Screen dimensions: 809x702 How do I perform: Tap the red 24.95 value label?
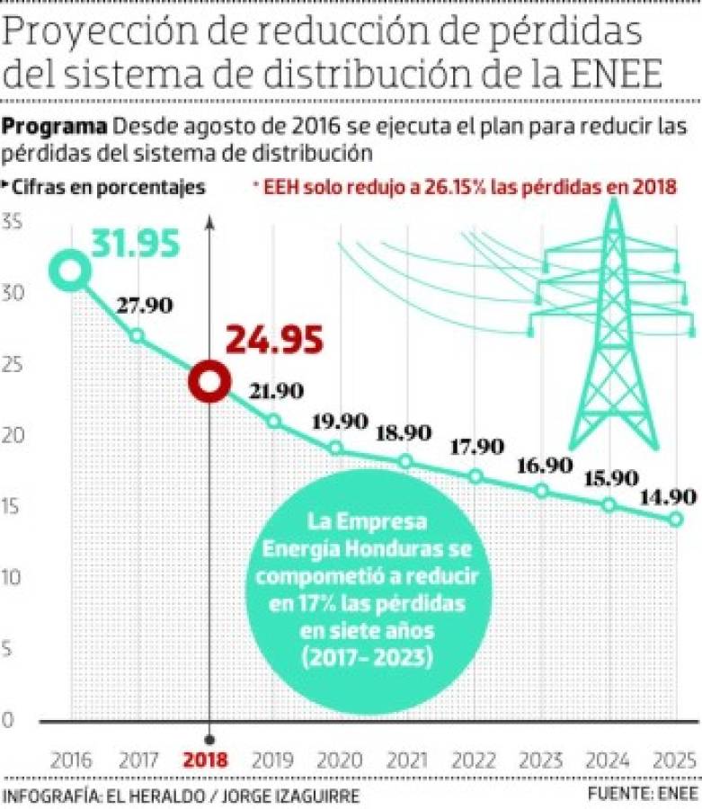[274, 341]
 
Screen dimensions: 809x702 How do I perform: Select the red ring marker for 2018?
[210, 381]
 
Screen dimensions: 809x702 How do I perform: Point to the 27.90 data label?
[144, 306]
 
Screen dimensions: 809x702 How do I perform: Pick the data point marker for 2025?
[675, 519]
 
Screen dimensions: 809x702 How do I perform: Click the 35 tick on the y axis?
[12, 222]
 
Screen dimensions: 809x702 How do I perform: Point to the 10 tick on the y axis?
[12, 577]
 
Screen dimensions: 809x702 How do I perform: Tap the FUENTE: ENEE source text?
[643, 795]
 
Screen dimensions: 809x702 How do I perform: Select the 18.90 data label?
[403, 432]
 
